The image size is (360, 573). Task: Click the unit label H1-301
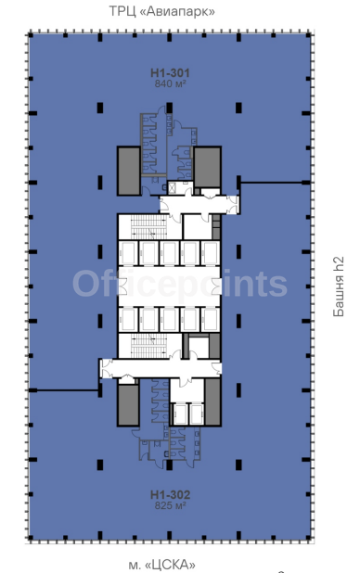click(x=170, y=73)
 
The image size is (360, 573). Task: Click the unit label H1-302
click(x=170, y=495)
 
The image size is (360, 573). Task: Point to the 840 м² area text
click(x=170, y=84)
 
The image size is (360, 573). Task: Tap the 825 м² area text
click(x=170, y=505)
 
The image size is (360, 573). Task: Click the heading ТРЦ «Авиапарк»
click(x=162, y=12)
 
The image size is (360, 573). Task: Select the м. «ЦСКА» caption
click(x=161, y=565)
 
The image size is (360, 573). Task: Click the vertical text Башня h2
click(x=339, y=286)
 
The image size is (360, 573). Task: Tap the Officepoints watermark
click(x=180, y=283)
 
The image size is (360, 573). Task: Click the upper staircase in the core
click(x=148, y=226)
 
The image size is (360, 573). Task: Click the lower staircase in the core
click(x=148, y=345)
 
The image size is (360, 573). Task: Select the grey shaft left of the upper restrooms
click(x=129, y=171)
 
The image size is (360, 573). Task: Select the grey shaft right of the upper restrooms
click(x=207, y=168)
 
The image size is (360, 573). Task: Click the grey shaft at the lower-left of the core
click(x=128, y=405)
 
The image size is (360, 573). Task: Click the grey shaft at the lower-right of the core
click(x=212, y=402)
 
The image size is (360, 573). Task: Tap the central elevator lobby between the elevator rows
click(x=169, y=286)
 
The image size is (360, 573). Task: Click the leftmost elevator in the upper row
click(x=128, y=253)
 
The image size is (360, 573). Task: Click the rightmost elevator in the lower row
click(x=211, y=319)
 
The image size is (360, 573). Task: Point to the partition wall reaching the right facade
click(x=275, y=183)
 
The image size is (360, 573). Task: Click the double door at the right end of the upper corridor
click(x=233, y=205)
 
